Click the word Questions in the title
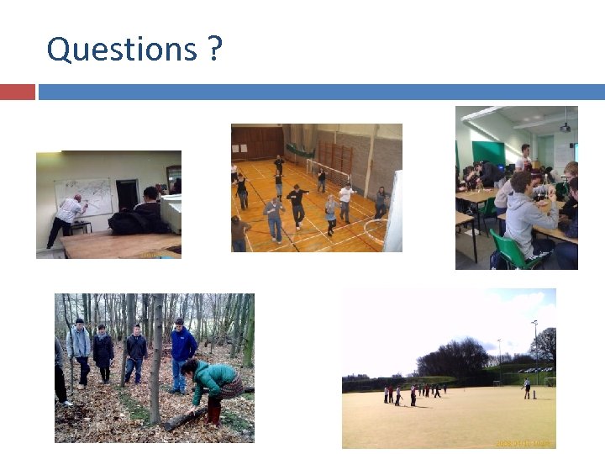point(119,49)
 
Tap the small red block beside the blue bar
point(17,92)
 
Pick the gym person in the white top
point(345,201)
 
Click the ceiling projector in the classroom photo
point(565,126)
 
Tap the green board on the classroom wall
point(487,152)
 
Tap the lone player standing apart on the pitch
point(527,388)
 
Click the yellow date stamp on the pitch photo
point(523,442)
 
